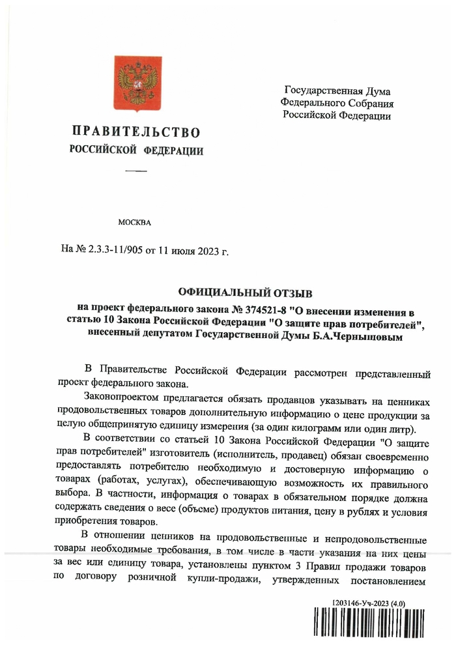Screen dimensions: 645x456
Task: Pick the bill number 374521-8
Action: point(263,310)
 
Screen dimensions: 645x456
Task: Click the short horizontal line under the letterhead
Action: point(136,171)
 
